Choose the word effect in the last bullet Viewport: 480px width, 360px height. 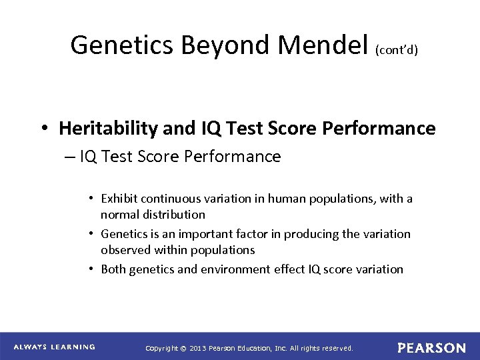pyautogui.click(x=268, y=269)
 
